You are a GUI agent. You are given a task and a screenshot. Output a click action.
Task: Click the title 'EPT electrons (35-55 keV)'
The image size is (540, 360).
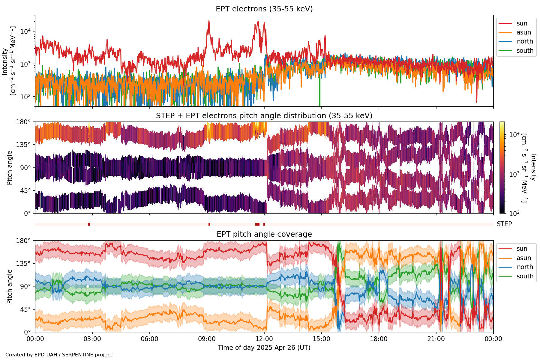pyautogui.click(x=264, y=9)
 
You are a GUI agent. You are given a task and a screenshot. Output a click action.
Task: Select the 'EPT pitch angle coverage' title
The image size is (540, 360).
pyautogui.click(x=264, y=234)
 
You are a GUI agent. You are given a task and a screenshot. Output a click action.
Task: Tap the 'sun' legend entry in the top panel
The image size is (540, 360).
pyautogui.click(x=522, y=23)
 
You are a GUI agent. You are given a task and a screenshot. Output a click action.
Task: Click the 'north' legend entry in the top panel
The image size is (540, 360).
pyautogui.click(x=525, y=41)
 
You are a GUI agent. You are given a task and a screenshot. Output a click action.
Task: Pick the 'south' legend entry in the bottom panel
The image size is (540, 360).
pyautogui.click(x=525, y=276)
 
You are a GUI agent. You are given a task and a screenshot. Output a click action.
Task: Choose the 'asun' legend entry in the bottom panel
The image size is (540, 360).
pyautogui.click(x=523, y=258)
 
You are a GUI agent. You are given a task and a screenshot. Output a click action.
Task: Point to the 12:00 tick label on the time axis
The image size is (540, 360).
pyautogui.click(x=264, y=339)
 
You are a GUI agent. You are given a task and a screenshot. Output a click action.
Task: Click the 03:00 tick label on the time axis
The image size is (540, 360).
pyautogui.click(x=92, y=339)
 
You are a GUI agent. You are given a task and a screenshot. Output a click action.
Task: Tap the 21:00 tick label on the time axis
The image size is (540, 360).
pyautogui.click(x=436, y=339)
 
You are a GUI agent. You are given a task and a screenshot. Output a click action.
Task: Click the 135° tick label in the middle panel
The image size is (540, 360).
pyautogui.click(x=23, y=145)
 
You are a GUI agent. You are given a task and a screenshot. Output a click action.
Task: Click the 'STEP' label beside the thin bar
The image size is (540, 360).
pyautogui.click(x=504, y=224)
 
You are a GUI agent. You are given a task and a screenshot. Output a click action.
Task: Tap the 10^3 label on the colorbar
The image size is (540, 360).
pyautogui.click(x=514, y=174)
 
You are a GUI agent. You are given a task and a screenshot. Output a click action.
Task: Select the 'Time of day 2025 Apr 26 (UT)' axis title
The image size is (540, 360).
pyautogui.click(x=264, y=348)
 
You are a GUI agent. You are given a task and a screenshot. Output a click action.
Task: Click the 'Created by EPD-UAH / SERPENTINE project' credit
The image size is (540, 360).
pyautogui.click(x=59, y=355)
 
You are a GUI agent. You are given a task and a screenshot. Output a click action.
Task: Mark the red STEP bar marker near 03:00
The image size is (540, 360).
pyautogui.click(x=89, y=224)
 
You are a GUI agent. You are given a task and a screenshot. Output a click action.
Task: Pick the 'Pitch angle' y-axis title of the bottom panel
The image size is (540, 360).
pyautogui.click(x=10, y=286)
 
